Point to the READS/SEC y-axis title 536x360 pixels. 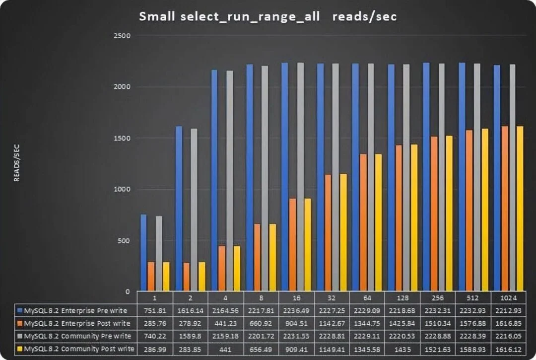tap(16, 164)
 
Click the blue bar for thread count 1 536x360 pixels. tap(143, 253)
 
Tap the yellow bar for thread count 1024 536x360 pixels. tap(520, 209)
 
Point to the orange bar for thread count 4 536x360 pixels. tap(222, 268)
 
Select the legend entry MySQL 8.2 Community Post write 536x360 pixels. tap(79, 349)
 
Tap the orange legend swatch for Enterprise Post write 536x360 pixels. tap(19, 323)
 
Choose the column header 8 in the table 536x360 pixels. tap(261, 298)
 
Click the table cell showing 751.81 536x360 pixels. tap(155, 311)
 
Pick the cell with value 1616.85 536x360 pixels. tap(508, 323)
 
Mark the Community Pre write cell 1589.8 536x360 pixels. tap(190, 336)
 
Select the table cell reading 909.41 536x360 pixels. tap(296, 349)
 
